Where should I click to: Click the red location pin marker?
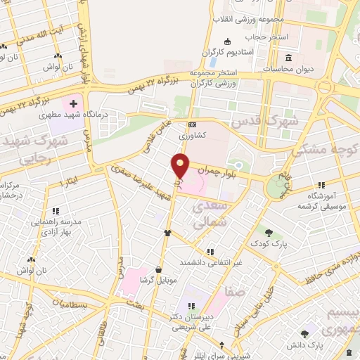pyautogui.click(x=181, y=165)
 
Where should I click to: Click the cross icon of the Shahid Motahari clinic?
pyautogui.click(x=73, y=103)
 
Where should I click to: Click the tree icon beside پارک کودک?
pyautogui.click(x=269, y=232)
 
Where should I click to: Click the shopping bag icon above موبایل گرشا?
pyautogui.click(x=159, y=269)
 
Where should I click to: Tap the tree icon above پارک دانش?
pyautogui.click(x=304, y=335)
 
